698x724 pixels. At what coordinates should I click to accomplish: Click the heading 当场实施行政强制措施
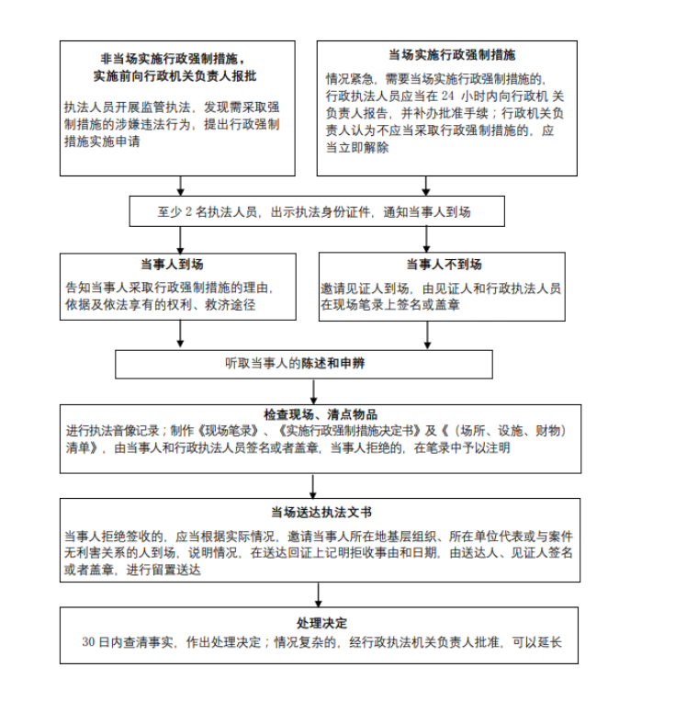(x=452, y=55)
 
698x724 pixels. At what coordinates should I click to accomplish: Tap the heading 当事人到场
(x=172, y=264)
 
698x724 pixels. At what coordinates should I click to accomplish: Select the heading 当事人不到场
(x=444, y=264)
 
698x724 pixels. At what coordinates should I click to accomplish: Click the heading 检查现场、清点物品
(x=321, y=414)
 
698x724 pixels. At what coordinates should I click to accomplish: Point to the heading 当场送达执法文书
(x=321, y=512)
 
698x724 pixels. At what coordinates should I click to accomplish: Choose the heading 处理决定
(x=321, y=623)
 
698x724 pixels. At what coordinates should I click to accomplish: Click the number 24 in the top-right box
(x=448, y=96)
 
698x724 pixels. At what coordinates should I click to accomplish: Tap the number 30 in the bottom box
(x=89, y=642)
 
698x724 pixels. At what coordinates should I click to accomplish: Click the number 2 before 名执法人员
(x=188, y=212)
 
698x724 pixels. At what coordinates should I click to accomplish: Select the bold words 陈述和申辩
(x=332, y=363)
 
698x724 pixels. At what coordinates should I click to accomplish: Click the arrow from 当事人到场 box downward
(x=180, y=334)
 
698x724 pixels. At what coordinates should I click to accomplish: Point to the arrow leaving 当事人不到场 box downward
(x=427, y=334)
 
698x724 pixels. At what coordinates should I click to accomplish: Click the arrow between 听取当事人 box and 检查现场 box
(x=313, y=391)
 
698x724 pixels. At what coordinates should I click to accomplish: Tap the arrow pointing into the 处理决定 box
(x=318, y=594)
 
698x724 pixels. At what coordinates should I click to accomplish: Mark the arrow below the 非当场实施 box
(x=181, y=186)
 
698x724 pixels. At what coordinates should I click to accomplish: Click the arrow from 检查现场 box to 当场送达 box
(x=313, y=486)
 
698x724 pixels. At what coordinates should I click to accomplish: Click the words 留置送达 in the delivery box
(x=176, y=570)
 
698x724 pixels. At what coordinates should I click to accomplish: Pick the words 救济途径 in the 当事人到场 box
(x=230, y=305)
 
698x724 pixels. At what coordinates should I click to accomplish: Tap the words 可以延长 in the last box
(x=537, y=642)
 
